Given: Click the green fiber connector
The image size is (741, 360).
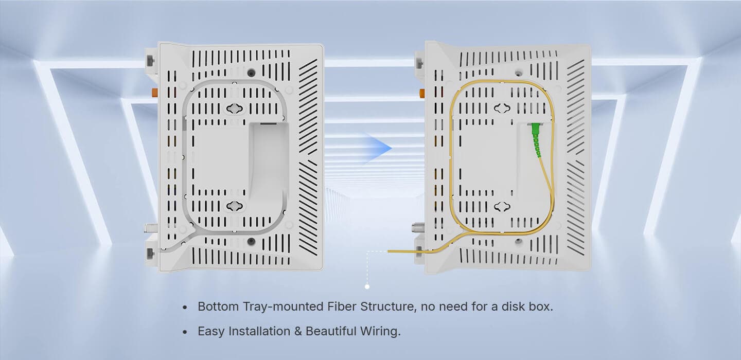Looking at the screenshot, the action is point(536,139).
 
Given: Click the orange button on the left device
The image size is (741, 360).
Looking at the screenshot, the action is point(154,92).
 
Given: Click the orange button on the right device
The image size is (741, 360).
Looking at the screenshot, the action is point(422,93).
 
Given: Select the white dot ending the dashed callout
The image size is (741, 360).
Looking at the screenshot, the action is point(367,286).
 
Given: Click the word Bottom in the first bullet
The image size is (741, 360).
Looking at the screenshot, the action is point(218,307).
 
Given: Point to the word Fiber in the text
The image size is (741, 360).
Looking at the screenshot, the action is point(341,307).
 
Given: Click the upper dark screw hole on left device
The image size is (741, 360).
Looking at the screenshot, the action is point(252,73).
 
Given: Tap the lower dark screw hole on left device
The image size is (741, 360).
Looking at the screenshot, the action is point(252,241).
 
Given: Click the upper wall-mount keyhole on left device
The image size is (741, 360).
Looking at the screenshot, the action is point(235,108).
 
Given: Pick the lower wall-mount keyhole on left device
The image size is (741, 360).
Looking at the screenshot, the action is point(235,206).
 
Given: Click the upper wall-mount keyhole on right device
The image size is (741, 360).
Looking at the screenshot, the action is point(502,108).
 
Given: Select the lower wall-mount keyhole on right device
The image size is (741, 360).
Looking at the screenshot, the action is point(502,207).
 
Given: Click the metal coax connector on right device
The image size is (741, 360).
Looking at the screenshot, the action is point(418,227).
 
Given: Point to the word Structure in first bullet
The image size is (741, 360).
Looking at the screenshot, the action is point(387,307).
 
